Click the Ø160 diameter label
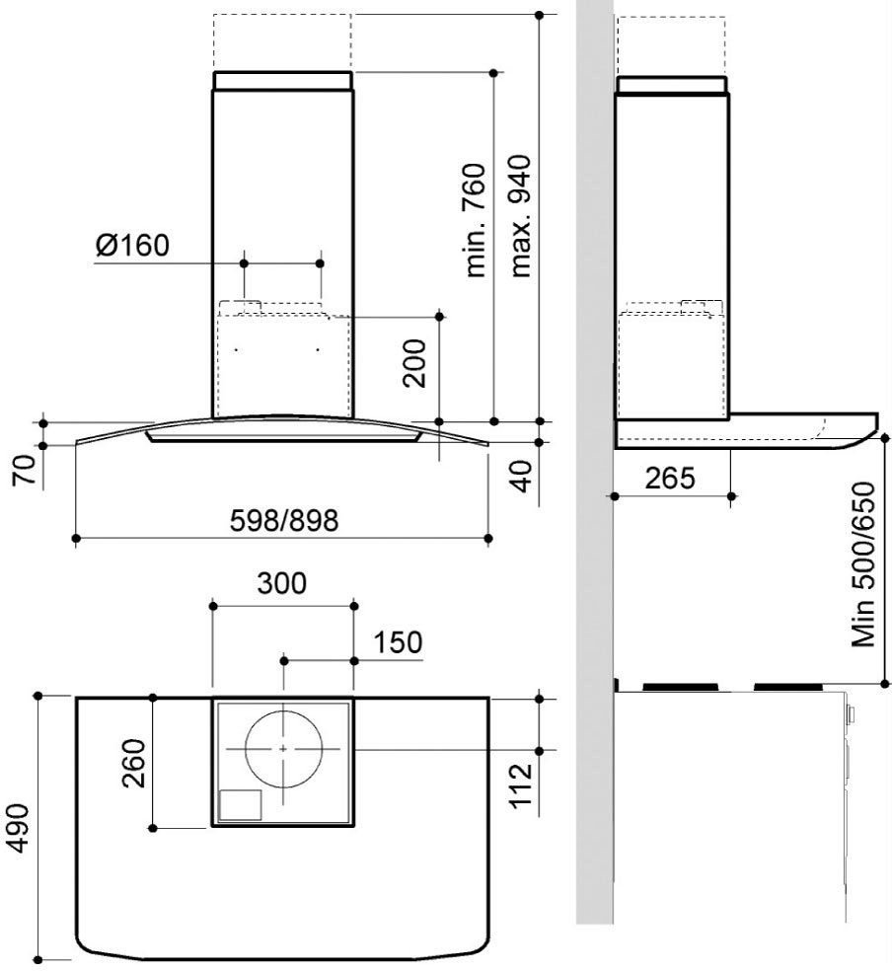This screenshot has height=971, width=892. pos(132,246)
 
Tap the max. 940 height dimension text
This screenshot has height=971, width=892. pos(520,216)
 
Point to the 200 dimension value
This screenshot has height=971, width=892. pos(414,363)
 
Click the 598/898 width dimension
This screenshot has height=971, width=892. pos(284,520)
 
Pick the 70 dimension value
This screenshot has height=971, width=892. pos(26,472)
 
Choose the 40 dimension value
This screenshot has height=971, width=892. pos(522,476)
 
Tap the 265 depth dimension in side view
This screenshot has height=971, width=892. pos(670,478)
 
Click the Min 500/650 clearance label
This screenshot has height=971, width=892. pos(864,564)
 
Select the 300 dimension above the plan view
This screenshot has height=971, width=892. pos(281,583)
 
